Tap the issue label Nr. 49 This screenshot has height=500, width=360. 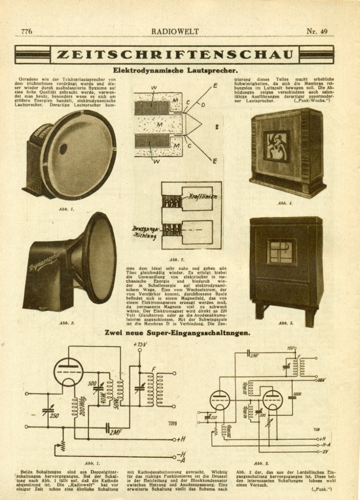click(x=317, y=32)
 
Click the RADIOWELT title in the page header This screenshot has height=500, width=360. click(x=175, y=32)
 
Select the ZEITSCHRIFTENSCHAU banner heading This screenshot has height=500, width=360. click(x=175, y=55)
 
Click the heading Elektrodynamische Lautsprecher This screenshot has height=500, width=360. click(x=175, y=70)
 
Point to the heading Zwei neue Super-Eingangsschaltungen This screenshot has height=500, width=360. click(x=177, y=333)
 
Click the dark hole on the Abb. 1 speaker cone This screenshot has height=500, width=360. click(x=63, y=149)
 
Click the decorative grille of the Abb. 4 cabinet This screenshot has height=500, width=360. click(x=276, y=146)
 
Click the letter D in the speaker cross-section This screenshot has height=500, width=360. click(x=203, y=105)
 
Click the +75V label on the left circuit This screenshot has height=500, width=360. click(x=140, y=345)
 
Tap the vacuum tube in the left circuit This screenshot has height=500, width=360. click(x=68, y=372)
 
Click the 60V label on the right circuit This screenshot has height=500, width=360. click(x=321, y=380)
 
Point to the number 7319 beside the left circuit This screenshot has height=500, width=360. click(x=172, y=423)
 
